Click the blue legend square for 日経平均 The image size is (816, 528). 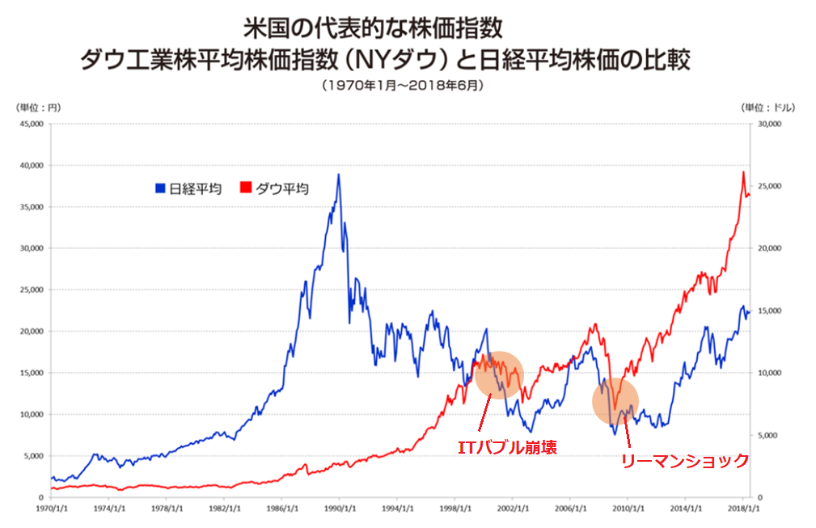pyautogui.click(x=160, y=188)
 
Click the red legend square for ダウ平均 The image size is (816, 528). pyautogui.click(x=246, y=188)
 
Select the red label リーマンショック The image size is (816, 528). pyautogui.click(x=684, y=460)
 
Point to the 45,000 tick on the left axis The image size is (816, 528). pyautogui.click(x=30, y=124)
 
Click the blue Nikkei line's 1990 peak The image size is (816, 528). pyautogui.click(x=338, y=175)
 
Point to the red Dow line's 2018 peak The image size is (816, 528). pyautogui.click(x=743, y=171)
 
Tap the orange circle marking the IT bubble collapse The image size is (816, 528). pyautogui.click(x=499, y=374)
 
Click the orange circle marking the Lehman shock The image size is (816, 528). pyautogui.click(x=615, y=401)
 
